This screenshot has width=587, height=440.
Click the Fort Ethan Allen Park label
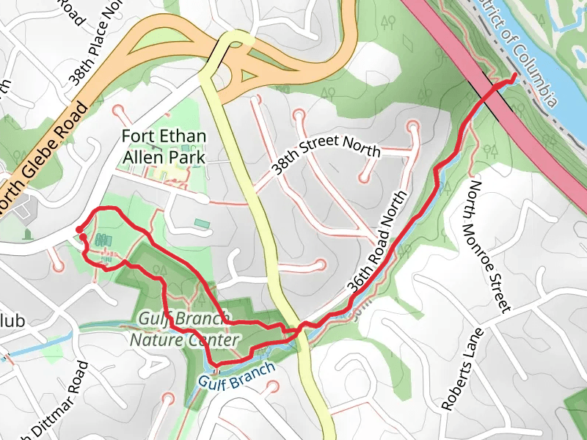tap(164, 147)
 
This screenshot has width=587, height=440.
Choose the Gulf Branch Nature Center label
tap(184, 330)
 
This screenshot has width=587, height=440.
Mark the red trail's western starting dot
tap(79, 230)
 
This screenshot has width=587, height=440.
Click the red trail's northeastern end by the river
tap(513, 76)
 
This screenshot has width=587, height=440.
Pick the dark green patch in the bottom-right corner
tap(577, 414)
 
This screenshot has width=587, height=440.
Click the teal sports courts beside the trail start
tap(101, 240)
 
